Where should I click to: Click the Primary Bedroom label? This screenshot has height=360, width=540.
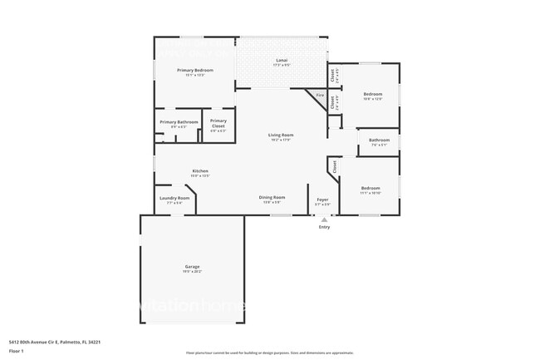click(195, 71)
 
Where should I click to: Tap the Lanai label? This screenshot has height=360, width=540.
click(282, 61)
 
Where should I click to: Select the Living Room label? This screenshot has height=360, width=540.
click(280, 135)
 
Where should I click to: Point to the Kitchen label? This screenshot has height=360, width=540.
click(200, 171)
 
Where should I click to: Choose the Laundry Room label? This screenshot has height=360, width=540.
click(174, 198)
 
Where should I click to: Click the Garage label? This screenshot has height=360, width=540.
click(192, 267)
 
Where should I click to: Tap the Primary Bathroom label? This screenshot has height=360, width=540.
click(179, 122)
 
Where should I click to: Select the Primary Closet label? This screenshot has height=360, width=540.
click(218, 121)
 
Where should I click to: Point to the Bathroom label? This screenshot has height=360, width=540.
click(379, 141)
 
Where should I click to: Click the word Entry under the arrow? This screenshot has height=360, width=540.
click(324, 227)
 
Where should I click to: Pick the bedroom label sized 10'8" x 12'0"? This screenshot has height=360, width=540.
click(373, 96)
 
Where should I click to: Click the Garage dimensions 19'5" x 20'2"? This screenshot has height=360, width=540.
click(192, 272)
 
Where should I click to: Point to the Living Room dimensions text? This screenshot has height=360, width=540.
click(280, 140)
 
